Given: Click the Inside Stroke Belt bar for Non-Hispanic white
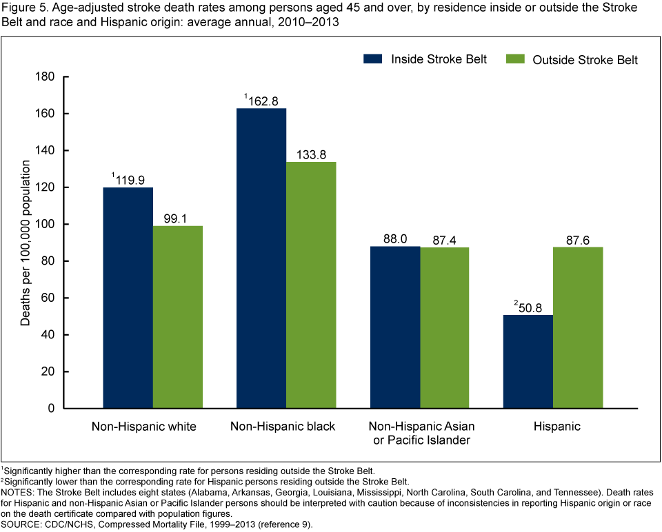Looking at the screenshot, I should pos(128,298).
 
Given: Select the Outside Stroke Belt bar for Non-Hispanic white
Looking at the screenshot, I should pos(177,317).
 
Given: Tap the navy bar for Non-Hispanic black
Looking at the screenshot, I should pos(261,258).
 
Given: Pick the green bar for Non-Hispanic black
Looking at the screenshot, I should pos(311,285).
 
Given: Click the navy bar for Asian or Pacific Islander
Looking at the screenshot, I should pos(395,327).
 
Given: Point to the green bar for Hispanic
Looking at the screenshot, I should pos(578,327).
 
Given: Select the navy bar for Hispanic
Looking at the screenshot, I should pos(528,362).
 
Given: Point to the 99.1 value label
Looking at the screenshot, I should pos(178,218).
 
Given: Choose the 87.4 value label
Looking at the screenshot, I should pos(445,239).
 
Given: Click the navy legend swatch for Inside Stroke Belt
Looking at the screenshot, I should pos(373,59).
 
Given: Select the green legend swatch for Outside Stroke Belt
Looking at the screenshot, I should pos(516,59).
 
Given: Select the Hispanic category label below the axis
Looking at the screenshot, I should pos(556,427).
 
